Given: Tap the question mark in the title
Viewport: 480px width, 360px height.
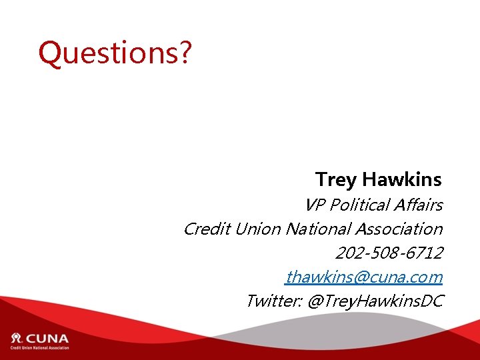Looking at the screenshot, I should [x=185, y=53].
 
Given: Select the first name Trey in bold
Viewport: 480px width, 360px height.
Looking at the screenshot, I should [x=336, y=179].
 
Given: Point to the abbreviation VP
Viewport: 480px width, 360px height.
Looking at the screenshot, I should [x=315, y=205].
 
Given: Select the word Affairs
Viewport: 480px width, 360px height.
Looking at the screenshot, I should [x=419, y=205].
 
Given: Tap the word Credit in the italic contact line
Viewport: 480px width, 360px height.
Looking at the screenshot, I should [x=206, y=229].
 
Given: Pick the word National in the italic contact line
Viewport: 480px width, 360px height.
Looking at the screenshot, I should [x=317, y=229].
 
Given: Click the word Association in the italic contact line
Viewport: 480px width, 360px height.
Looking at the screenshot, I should [x=399, y=229].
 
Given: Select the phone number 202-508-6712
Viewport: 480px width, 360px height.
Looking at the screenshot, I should [x=389, y=253].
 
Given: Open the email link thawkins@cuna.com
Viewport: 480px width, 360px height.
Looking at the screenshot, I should [x=364, y=277].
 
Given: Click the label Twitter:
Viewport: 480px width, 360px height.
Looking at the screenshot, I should [x=273, y=301].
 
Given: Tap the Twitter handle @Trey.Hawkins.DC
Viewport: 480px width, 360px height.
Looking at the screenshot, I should [x=375, y=301].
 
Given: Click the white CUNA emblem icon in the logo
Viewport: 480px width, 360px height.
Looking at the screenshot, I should [x=17, y=337].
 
